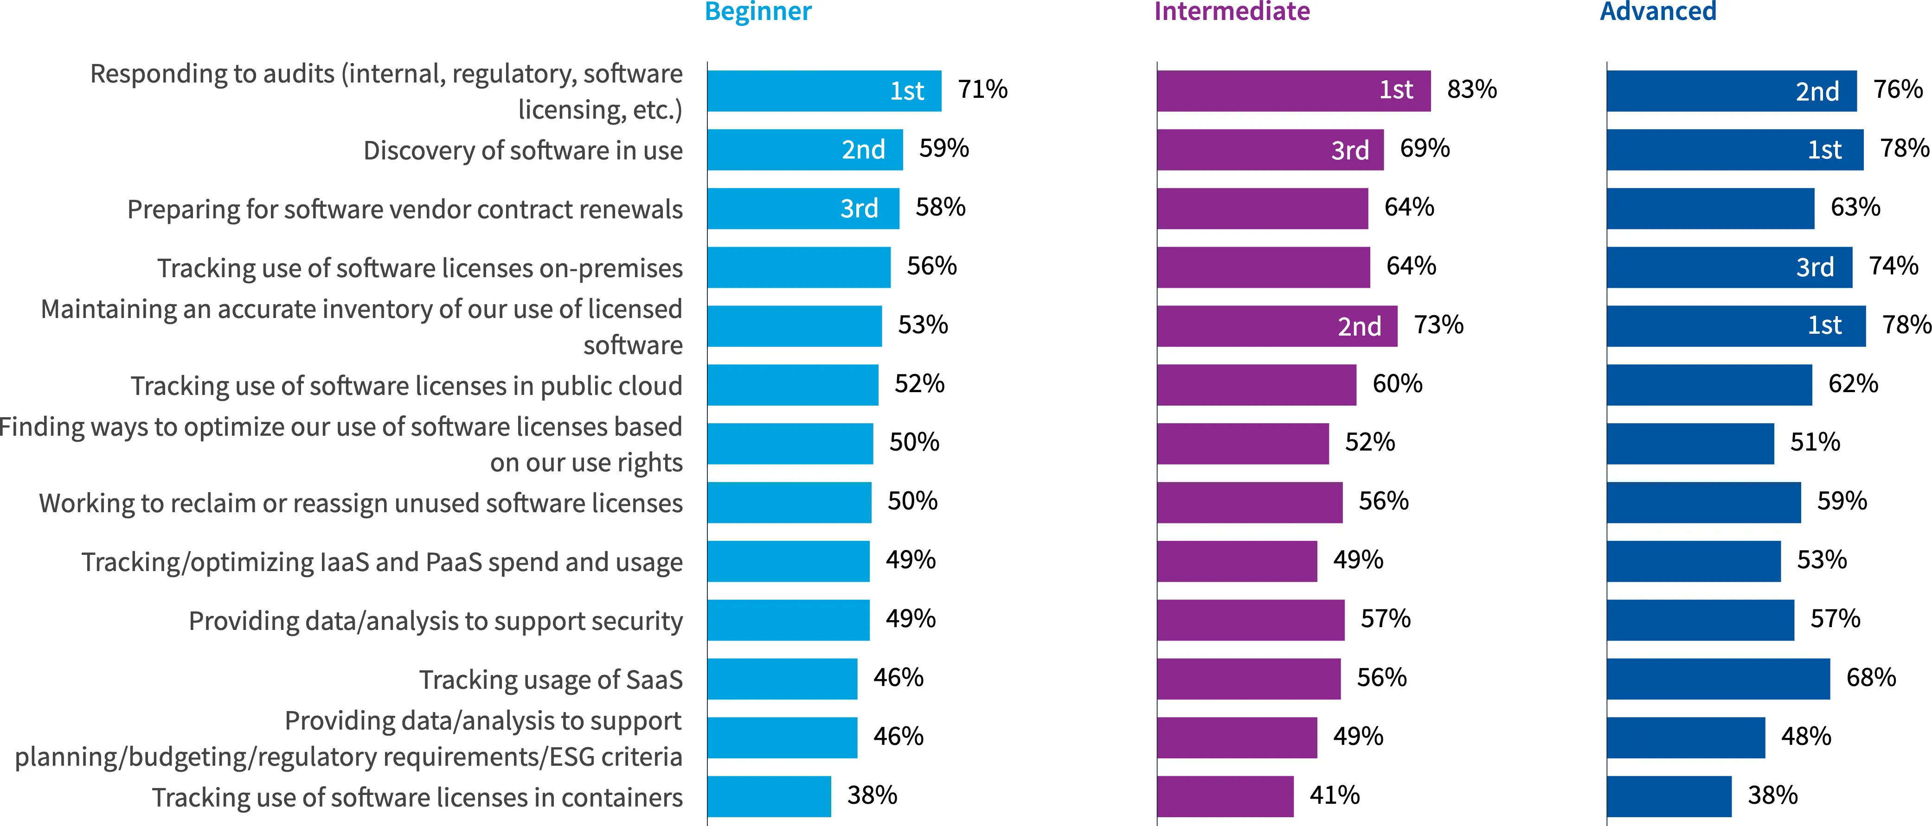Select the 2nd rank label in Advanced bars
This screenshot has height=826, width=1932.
[x=1817, y=91]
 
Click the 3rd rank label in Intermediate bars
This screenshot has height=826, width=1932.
[x=1350, y=150]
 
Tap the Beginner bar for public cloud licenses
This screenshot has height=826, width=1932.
[x=793, y=385]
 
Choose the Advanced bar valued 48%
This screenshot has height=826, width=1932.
[x=1686, y=737]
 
